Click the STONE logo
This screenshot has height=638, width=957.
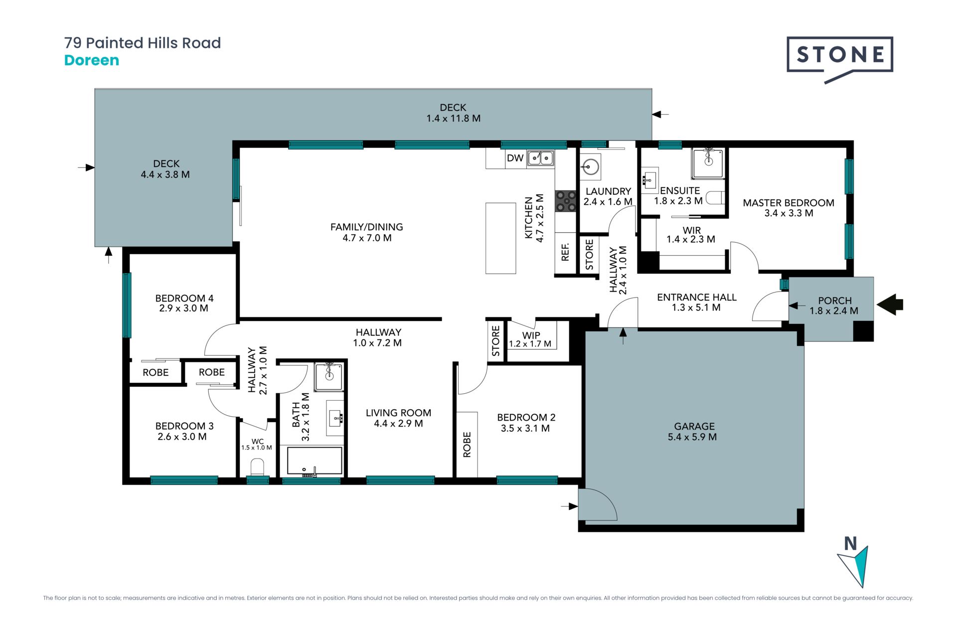(x=840, y=59)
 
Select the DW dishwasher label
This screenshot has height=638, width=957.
(x=515, y=158)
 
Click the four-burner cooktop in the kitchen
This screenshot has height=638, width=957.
(x=566, y=201)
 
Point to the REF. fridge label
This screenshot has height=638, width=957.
(x=565, y=252)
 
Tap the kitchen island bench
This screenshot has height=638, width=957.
(x=501, y=238)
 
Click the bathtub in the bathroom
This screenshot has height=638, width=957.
(x=315, y=461)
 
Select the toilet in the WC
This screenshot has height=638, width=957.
(x=257, y=467)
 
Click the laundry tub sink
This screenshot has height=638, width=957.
(x=591, y=166)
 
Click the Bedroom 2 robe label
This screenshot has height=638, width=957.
(x=467, y=445)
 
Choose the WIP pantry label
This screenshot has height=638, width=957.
(x=531, y=335)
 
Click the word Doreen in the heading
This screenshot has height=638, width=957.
(x=92, y=60)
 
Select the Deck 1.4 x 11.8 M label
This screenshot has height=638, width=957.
(x=453, y=113)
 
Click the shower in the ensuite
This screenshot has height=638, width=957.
(x=708, y=163)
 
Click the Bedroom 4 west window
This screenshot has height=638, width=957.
(x=127, y=305)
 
